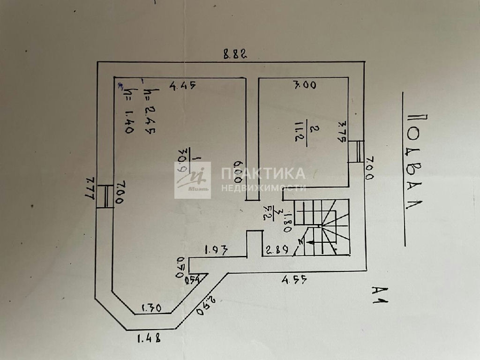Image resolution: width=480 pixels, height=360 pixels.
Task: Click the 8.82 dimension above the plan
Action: pyautogui.click(x=235, y=54)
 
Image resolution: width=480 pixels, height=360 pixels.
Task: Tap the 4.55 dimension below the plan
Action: pyautogui.click(x=294, y=280)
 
